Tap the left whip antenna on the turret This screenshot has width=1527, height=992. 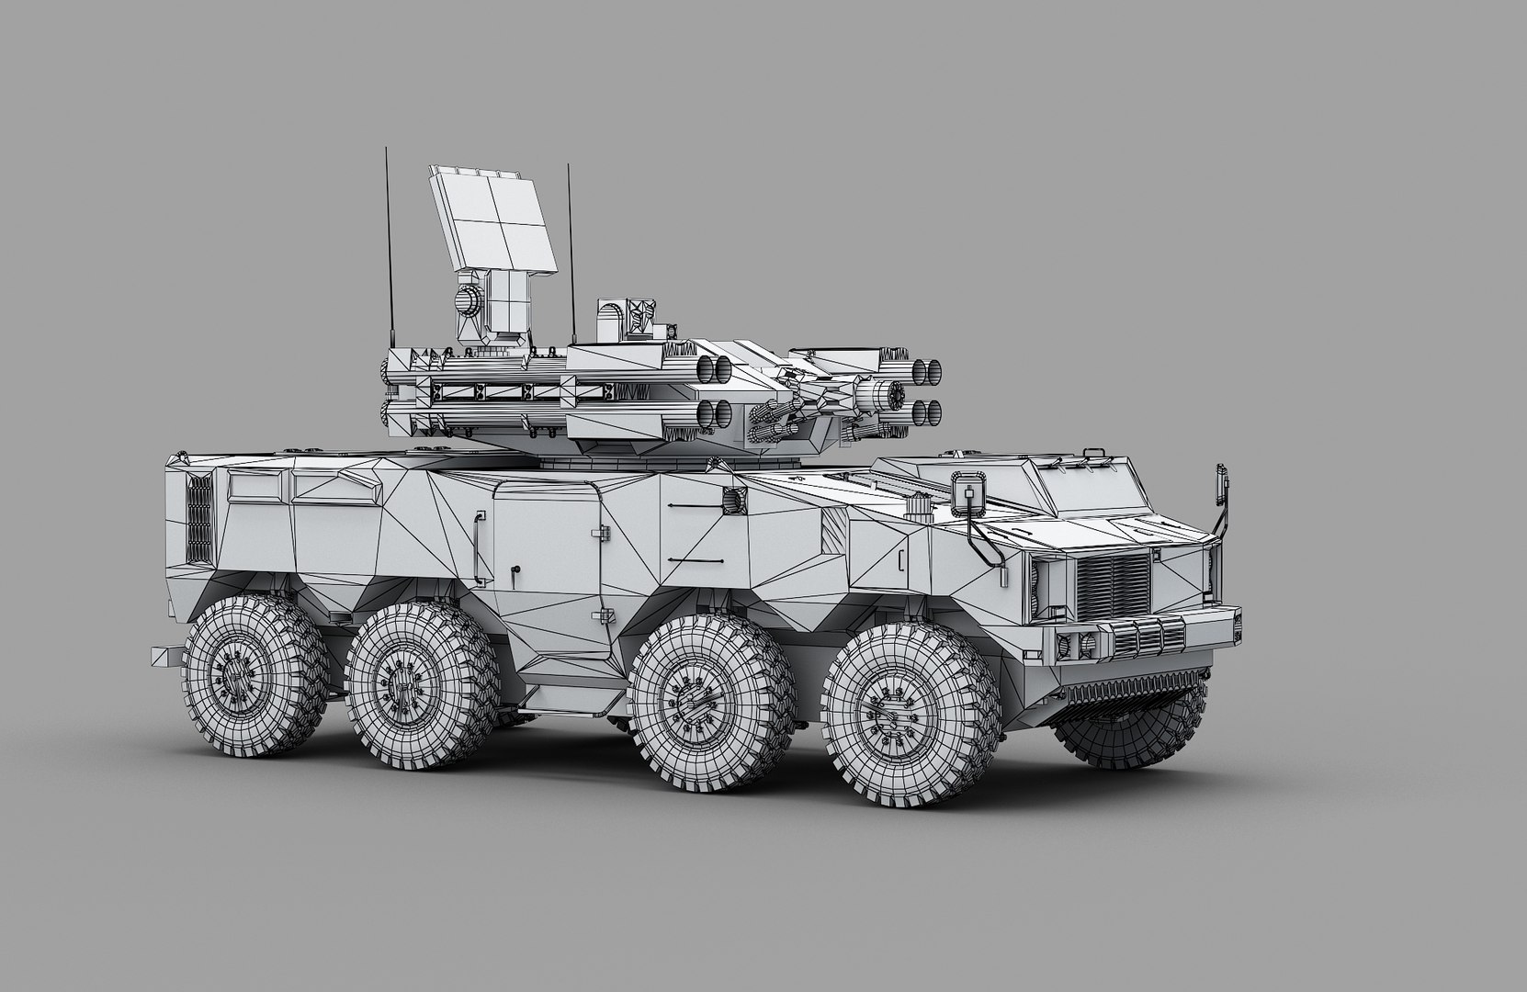385,248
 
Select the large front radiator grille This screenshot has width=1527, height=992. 1113,587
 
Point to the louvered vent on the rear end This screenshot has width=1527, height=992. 198,520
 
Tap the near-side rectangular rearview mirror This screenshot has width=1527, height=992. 969,491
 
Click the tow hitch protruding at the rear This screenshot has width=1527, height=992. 166,657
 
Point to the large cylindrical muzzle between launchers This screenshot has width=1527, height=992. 888,395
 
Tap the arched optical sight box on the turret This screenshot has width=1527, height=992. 611,320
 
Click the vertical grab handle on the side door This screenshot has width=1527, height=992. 477,543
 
